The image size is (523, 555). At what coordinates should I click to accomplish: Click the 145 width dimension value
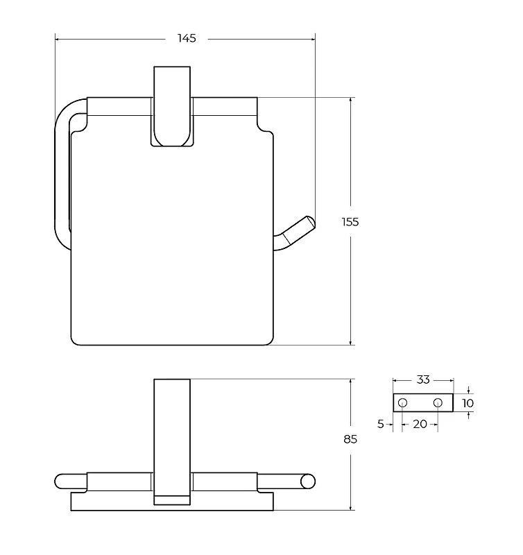pyautogui.click(x=187, y=38)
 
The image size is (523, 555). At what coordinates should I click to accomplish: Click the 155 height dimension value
pyautogui.click(x=350, y=222)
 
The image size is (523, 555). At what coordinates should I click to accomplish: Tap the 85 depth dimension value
pyautogui.click(x=350, y=439)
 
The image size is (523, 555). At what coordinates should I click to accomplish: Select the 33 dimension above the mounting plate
pyautogui.click(x=423, y=379)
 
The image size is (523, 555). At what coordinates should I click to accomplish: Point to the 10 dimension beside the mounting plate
pyautogui.click(x=468, y=403)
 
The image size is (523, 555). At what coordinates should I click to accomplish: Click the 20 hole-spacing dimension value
pyautogui.click(x=420, y=424)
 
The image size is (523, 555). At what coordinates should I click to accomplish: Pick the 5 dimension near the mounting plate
pyautogui.click(x=380, y=424)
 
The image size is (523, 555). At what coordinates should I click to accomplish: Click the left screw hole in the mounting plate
pyautogui.click(x=403, y=403)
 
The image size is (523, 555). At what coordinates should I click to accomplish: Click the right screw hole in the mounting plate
pyautogui.click(x=438, y=403)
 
